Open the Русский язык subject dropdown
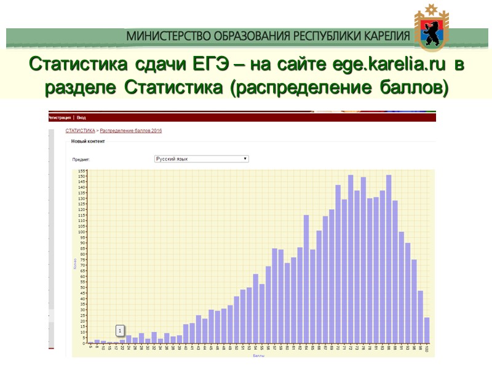201,159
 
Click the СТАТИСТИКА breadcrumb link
80,131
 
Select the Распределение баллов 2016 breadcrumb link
131,131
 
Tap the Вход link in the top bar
81,117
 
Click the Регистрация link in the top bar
60,117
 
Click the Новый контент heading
88,141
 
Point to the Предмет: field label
81,159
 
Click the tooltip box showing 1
121,330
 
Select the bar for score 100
426,330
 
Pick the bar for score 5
90,342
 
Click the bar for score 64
306,279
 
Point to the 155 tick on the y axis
81,171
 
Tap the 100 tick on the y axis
81,232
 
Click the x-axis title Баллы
258,355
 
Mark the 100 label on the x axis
426,348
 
